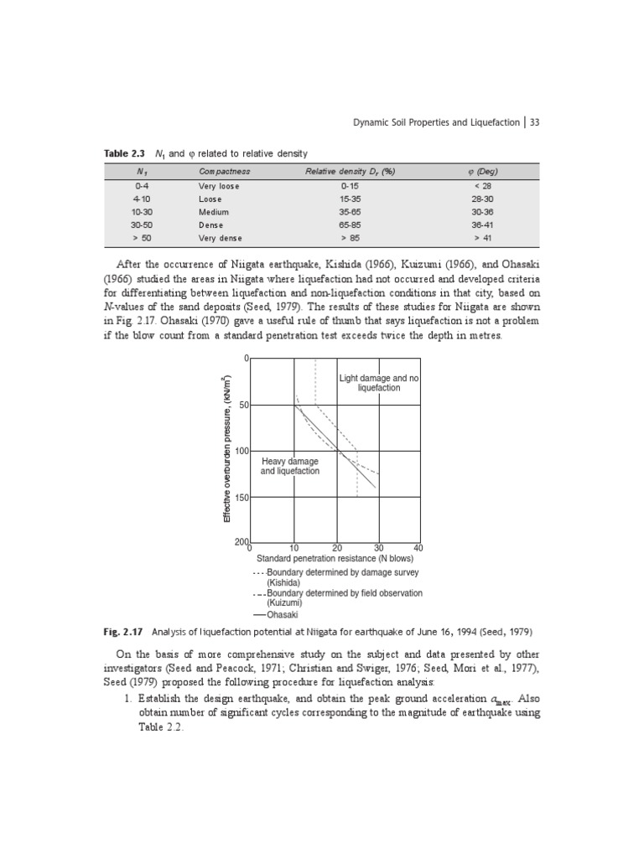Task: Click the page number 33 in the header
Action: (x=534, y=122)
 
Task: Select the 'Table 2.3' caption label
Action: (x=123, y=153)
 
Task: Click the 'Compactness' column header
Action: (x=224, y=172)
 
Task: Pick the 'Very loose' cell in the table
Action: (x=219, y=186)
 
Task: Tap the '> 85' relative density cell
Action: (x=350, y=239)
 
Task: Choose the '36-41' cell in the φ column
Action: (x=482, y=225)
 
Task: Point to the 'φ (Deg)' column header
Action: (x=482, y=172)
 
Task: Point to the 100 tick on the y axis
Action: (x=241, y=451)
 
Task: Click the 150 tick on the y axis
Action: (x=241, y=498)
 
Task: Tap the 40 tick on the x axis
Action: (x=418, y=548)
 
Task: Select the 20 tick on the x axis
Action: (x=337, y=548)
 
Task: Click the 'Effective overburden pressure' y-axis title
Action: (x=226, y=451)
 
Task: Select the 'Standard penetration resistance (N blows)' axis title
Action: (x=335, y=559)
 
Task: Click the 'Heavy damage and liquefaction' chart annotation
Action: (x=289, y=466)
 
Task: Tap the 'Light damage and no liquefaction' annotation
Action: (x=378, y=383)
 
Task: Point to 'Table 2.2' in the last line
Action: (x=159, y=727)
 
